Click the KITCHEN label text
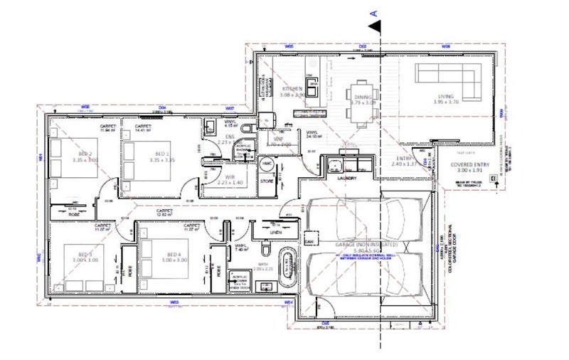pos(292,89)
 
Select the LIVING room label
pos(446,97)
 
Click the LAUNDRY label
pos(348,179)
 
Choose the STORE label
pos(267,181)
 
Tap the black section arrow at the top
pos(374,26)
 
